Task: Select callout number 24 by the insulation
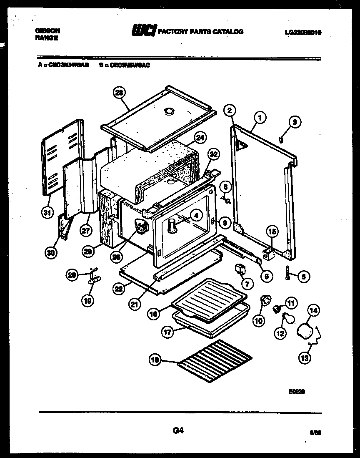(x=200, y=137)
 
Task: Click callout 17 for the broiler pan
(x=167, y=333)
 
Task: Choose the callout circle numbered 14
(x=313, y=310)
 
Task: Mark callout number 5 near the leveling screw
(x=303, y=276)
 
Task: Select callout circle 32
(x=213, y=154)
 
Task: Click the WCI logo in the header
(x=144, y=31)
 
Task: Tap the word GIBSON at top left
(x=47, y=30)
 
